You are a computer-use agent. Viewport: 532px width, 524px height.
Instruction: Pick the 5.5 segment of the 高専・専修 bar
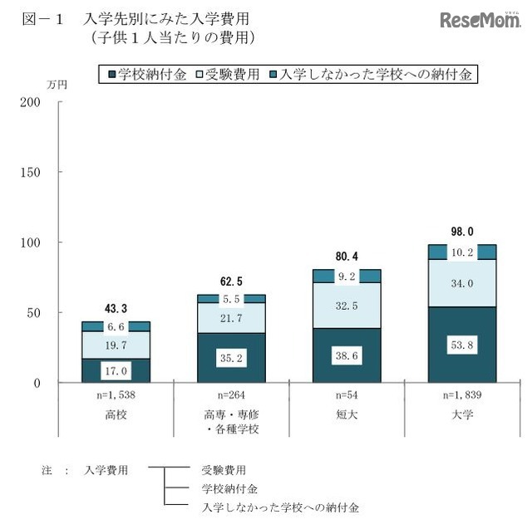[230, 299]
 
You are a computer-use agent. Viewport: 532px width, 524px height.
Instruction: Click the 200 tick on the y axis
[30, 102]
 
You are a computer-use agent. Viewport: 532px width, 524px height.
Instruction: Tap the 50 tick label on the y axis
[33, 313]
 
